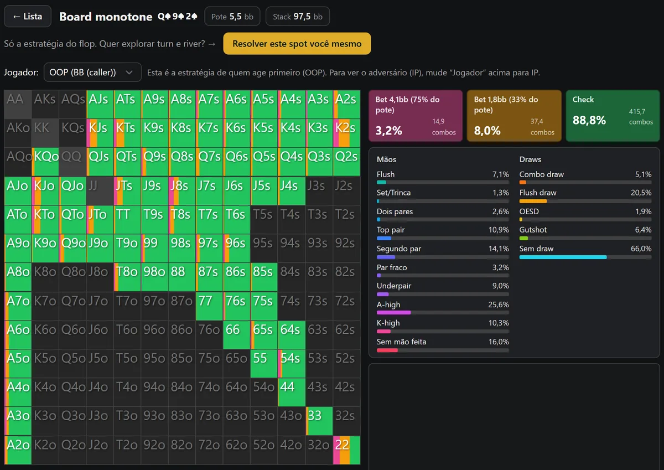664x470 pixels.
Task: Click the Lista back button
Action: click(28, 16)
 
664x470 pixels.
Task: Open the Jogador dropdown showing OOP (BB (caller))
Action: click(92, 73)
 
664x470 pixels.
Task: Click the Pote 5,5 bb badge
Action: click(232, 17)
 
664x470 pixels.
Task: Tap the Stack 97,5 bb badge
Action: click(298, 17)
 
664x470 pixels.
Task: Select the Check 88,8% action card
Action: click(613, 116)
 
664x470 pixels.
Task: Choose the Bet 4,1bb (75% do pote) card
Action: click(416, 116)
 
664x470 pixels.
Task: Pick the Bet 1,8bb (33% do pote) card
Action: click(514, 116)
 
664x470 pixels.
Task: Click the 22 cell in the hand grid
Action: click(346, 450)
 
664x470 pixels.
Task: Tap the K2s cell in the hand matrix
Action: click(346, 133)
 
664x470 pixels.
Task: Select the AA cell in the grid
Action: click(18, 104)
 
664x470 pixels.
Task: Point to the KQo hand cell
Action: click(45, 162)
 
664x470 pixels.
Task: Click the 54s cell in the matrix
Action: click(292, 363)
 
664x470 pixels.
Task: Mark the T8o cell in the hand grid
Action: click(127, 277)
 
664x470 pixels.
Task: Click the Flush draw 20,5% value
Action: click(641, 193)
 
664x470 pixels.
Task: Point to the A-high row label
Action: click(388, 304)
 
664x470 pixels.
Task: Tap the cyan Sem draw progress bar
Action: click(563, 257)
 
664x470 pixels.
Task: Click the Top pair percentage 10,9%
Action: click(499, 230)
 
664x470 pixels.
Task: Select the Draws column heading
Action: click(530, 159)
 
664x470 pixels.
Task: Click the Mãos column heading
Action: click(386, 159)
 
